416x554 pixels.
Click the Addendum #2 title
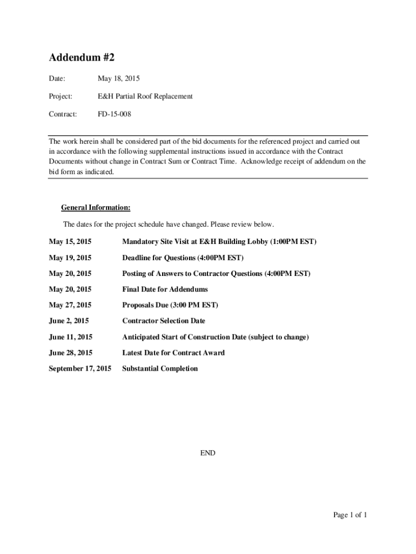(x=82, y=57)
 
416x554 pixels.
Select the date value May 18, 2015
(x=118, y=79)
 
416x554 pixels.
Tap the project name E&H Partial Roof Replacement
(x=145, y=96)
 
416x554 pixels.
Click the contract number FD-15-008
(x=114, y=114)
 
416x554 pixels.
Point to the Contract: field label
(x=63, y=114)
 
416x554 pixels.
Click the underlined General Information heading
(x=96, y=208)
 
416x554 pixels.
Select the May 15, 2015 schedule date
(x=70, y=241)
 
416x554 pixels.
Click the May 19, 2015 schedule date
(x=70, y=258)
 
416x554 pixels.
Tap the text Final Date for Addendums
(x=165, y=289)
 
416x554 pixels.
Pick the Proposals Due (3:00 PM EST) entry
(x=170, y=305)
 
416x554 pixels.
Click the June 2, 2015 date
(x=69, y=321)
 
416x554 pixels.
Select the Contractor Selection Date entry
(x=164, y=321)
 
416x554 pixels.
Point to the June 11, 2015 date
(x=70, y=337)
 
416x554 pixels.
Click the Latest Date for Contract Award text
(x=173, y=353)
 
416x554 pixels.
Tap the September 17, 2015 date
(x=80, y=368)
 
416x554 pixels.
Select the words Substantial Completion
(x=160, y=368)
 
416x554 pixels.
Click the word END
(x=207, y=453)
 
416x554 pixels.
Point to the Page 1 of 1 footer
(x=350, y=515)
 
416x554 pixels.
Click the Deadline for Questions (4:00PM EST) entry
(x=183, y=258)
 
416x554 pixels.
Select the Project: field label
(x=61, y=96)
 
